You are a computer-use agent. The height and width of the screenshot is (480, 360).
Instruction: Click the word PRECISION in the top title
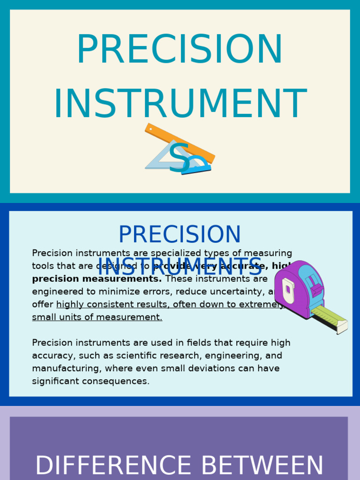(180, 50)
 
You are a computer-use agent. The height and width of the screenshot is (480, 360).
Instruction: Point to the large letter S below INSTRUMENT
(180, 158)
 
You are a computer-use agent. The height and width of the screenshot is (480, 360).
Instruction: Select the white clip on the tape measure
(288, 290)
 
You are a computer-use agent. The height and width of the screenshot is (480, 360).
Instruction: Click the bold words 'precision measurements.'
(97, 279)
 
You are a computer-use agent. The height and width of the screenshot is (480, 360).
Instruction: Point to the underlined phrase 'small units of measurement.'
(97, 317)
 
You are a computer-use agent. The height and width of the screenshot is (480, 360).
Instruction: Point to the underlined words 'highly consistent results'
(112, 305)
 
